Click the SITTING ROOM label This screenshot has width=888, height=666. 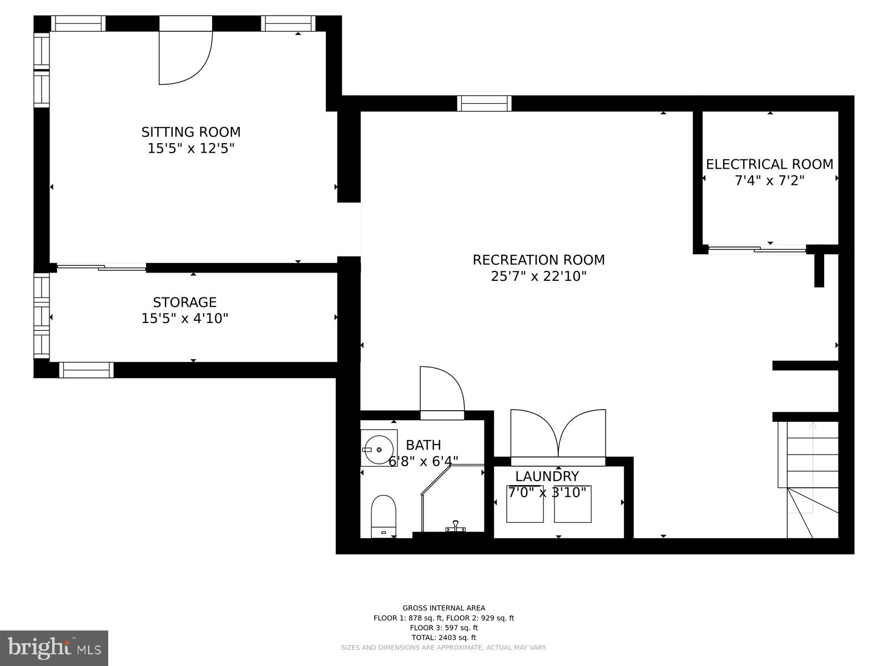pyautogui.click(x=191, y=132)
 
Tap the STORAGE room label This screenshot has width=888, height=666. pyautogui.click(x=184, y=302)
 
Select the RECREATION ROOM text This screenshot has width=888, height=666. pyautogui.click(x=538, y=260)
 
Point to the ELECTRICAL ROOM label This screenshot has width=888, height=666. pyautogui.click(x=769, y=164)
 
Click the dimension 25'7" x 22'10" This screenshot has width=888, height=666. pyautogui.click(x=538, y=276)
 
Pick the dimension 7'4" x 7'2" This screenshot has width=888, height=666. pyautogui.click(x=769, y=181)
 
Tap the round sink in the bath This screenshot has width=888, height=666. pyautogui.click(x=379, y=448)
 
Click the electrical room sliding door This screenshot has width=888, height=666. pyautogui.click(x=756, y=249)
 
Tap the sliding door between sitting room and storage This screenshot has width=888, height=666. pyautogui.click(x=102, y=268)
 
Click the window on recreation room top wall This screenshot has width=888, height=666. pyautogui.click(x=484, y=103)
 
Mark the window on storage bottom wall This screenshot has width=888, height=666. pyautogui.click(x=86, y=370)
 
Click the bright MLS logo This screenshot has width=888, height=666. pyautogui.click(x=54, y=648)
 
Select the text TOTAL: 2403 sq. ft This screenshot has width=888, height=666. pyautogui.click(x=443, y=638)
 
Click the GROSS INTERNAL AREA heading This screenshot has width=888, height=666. pyautogui.click(x=443, y=608)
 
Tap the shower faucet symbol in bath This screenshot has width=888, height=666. pyautogui.click(x=455, y=526)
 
